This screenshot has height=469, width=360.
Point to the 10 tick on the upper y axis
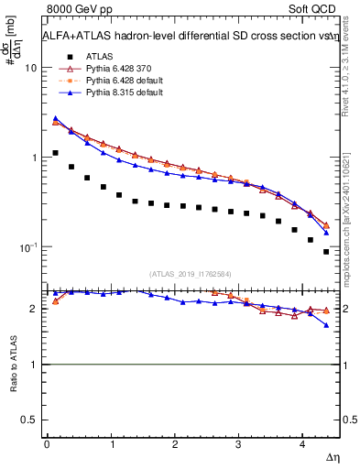coord(30,69)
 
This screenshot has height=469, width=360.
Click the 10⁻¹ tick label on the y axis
coord(27,247)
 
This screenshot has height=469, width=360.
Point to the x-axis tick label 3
coord(238,444)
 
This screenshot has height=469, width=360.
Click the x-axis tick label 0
coord(47,444)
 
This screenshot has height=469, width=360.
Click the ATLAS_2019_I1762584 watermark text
coord(191,273)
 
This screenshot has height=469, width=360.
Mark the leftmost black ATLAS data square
coord(55,153)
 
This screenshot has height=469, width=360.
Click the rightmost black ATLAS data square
coord(325,251)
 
